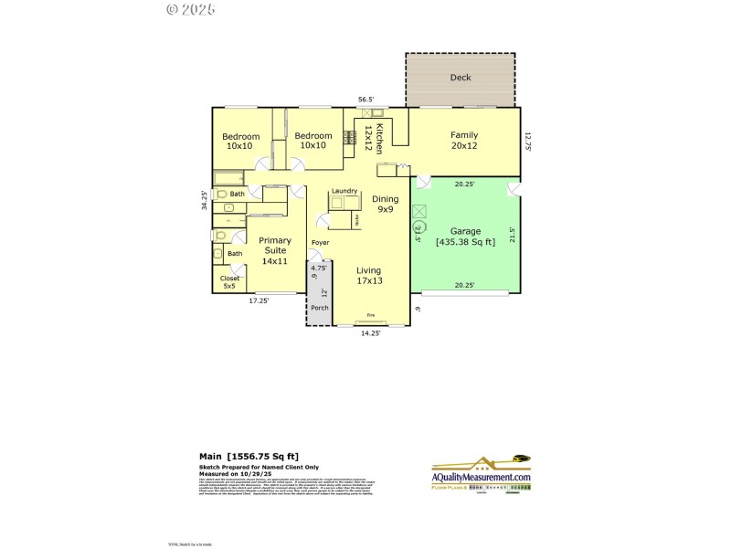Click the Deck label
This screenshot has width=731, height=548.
[461, 78]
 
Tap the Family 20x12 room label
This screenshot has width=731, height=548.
[464, 140]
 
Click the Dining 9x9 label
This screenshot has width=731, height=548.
[386, 204]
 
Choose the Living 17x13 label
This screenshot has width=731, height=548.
[369, 275]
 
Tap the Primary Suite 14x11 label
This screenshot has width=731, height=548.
[275, 250]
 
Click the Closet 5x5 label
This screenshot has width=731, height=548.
[229, 282]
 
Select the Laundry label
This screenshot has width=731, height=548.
[344, 191]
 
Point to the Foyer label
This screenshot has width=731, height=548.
[320, 242]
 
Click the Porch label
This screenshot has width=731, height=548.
[319, 308]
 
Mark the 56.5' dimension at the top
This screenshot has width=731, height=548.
[366, 100]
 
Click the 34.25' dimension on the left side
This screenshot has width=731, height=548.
[205, 200]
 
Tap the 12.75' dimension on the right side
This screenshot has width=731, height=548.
[526, 141]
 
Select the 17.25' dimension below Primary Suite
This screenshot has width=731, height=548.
[260, 300]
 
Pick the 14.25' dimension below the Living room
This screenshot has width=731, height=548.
[370, 333]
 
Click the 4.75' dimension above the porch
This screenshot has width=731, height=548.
[318, 268]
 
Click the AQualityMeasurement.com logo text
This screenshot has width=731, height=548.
[481, 478]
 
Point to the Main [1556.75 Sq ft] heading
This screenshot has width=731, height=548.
[249, 456]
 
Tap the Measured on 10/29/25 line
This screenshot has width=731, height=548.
[238, 474]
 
